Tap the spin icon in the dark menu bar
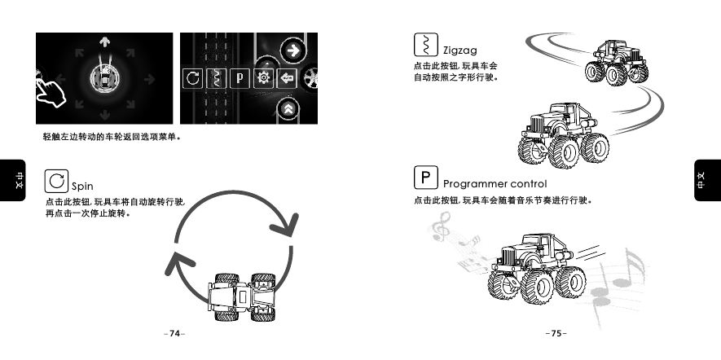pyautogui.click(x=192, y=79)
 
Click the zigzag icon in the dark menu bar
pyautogui.click(x=216, y=79)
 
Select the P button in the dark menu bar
pyautogui.click(x=240, y=79)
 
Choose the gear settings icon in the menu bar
pyautogui.click(x=263, y=79)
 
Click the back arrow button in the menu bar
pyautogui.click(x=286, y=79)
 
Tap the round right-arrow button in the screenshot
pyautogui.click(x=291, y=51)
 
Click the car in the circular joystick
pyautogui.click(x=104, y=79)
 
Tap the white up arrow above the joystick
pyautogui.click(x=104, y=42)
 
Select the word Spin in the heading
pyautogui.click(x=83, y=187)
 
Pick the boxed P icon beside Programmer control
pyautogui.click(x=424, y=177)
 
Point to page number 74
pyautogui.click(x=174, y=334)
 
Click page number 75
pyautogui.click(x=556, y=334)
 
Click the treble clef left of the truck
pyautogui.click(x=442, y=227)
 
